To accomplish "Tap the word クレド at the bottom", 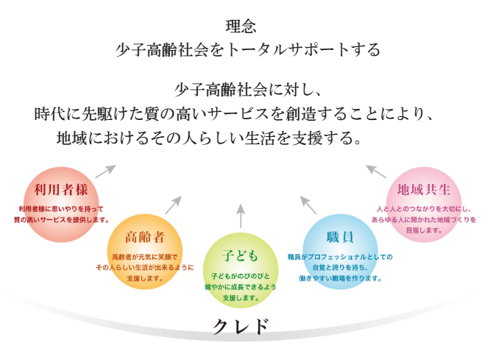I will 241,327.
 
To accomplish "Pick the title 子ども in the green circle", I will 240,255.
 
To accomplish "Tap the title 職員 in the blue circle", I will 339,237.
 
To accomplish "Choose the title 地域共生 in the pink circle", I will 423,190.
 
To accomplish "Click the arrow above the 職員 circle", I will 308,204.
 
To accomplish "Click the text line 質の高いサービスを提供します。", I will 62,219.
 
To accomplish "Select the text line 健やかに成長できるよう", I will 239,287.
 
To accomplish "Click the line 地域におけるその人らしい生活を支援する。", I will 209,139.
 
